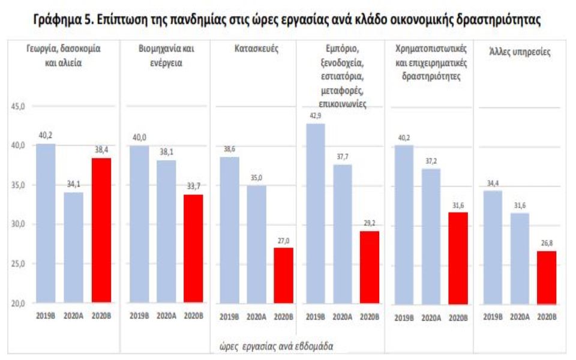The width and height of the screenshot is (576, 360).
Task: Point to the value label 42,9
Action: pyautogui.click(x=315, y=115)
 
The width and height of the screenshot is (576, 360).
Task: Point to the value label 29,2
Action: pyautogui.click(x=370, y=223)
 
